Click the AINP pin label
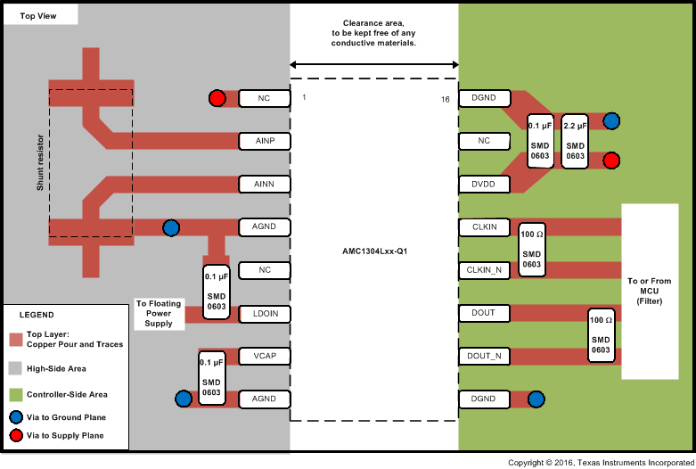tap(264, 141)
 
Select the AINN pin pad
tap(264, 184)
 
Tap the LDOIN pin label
tap(264, 314)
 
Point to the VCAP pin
tap(264, 357)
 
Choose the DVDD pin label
tap(484, 184)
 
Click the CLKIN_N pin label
tap(484, 269)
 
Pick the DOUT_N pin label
tap(484, 356)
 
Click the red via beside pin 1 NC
tap(217, 98)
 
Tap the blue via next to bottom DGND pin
tap(536, 399)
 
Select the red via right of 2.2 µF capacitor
tap(611, 160)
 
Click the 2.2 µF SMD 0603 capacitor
tap(576, 141)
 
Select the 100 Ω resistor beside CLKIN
tap(532, 248)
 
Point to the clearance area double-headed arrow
tap(374, 64)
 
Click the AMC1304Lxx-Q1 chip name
tap(374, 251)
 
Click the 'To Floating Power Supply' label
tap(159, 313)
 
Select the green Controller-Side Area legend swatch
tap(15, 394)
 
